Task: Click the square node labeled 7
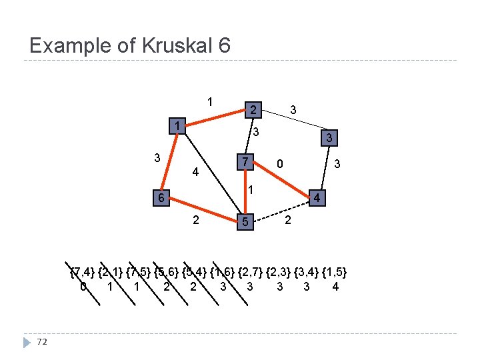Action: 245,162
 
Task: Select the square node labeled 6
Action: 159,199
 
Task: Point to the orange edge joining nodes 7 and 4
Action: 282,180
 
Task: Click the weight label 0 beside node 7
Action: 281,163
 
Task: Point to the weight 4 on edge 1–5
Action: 195,172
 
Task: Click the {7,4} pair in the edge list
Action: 83,272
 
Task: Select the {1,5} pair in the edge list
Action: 335,272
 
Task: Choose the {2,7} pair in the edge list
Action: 251,272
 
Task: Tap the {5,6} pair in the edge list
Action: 167,272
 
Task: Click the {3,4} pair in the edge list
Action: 307,272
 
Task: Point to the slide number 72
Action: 43,342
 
